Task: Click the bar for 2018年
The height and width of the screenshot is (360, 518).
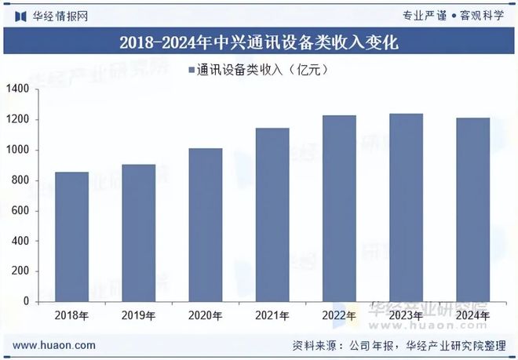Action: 71,236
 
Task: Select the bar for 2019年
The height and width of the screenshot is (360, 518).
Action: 138,232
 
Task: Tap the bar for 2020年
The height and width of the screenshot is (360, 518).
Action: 206,224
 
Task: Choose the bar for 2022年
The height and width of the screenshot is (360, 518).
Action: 340,208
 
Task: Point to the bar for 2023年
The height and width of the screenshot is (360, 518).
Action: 407,207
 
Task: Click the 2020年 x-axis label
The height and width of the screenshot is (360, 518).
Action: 206,316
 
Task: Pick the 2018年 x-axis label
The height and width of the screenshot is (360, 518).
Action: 71,316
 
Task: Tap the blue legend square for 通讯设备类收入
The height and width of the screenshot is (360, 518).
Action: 192,70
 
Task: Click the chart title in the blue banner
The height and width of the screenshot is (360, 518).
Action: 259,42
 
